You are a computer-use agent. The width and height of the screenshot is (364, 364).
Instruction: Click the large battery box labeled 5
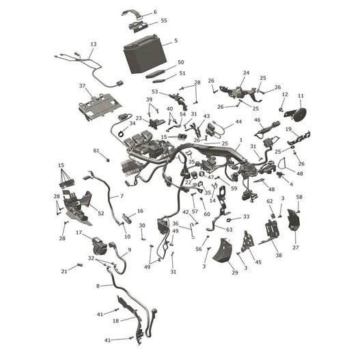point(145,55)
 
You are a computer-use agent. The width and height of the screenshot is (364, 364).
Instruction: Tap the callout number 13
point(94,44)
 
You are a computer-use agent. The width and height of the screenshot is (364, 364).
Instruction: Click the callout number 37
point(82,86)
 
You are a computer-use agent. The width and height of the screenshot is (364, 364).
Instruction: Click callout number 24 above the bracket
point(246,72)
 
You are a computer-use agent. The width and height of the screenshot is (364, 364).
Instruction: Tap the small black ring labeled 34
point(121,134)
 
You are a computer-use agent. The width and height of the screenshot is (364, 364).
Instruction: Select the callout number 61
point(96,151)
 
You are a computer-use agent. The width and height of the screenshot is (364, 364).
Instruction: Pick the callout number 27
point(295,247)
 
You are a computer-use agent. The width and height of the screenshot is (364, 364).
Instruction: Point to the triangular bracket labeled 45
point(247,242)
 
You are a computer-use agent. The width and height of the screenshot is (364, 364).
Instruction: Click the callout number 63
point(229,229)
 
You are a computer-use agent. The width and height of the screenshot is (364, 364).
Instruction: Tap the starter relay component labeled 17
point(100,246)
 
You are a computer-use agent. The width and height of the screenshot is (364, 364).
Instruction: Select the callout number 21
point(64,271)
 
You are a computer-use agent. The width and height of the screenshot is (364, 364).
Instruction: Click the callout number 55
point(164,20)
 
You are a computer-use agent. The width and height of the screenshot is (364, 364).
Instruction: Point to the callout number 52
point(101,213)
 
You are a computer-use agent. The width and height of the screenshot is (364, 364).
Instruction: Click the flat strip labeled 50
point(155,73)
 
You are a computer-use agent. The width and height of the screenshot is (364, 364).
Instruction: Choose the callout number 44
point(238,122)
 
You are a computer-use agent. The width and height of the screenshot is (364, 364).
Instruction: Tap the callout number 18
point(115,321)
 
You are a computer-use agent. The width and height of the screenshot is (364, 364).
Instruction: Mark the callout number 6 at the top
point(155,12)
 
